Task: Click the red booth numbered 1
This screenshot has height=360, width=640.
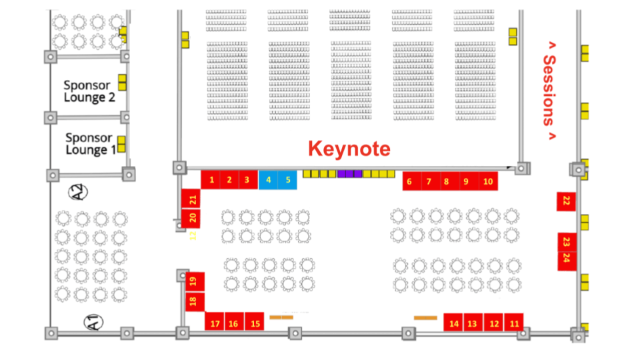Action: [211, 179]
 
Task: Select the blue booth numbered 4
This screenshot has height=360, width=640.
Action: [269, 179]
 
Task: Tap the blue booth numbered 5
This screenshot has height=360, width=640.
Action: [288, 179]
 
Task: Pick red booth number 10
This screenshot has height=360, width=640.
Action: [488, 181]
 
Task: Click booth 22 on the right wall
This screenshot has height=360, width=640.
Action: [567, 201]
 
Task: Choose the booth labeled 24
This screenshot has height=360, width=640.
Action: [567, 259]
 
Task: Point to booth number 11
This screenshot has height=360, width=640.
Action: [514, 323]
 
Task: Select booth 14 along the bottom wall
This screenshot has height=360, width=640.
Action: [454, 323]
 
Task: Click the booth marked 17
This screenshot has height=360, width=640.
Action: [215, 323]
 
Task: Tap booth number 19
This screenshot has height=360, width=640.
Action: [193, 282]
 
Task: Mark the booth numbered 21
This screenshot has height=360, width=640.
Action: [192, 199]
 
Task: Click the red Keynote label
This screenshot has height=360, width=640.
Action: [349, 149]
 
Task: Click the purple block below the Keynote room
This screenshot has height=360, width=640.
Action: [349, 174]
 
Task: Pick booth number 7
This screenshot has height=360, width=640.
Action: [429, 181]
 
